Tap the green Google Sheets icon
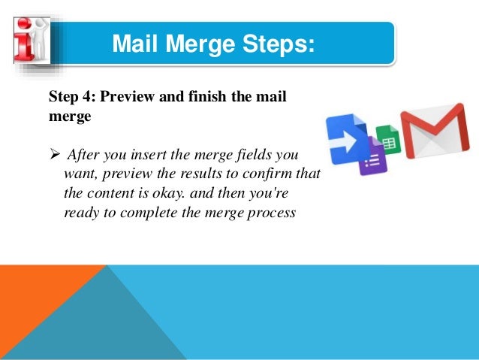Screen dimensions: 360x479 388,141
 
